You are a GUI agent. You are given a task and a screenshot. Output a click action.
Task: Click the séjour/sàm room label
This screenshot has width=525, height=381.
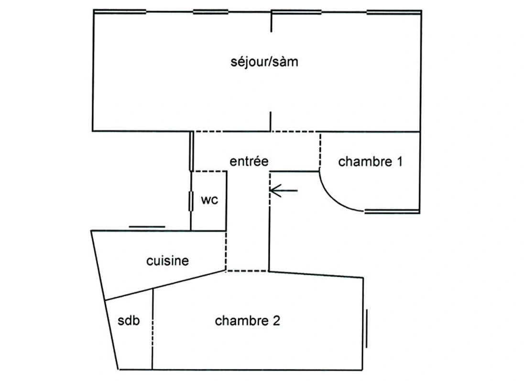pyautogui.click(x=264, y=62)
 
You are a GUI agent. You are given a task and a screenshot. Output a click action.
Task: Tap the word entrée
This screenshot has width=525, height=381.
pyautogui.click(x=249, y=161)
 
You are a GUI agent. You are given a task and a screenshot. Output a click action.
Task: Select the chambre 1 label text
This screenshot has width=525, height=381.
pyautogui.click(x=370, y=162)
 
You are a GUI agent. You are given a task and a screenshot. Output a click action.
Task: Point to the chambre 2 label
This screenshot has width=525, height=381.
pyautogui.click(x=247, y=321)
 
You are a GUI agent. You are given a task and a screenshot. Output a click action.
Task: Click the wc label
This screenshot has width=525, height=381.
pyautogui.click(x=209, y=200)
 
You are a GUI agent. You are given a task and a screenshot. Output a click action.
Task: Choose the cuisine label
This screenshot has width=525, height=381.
pyautogui.click(x=167, y=261)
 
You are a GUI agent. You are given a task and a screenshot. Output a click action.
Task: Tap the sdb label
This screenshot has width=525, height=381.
pyautogui.click(x=129, y=321)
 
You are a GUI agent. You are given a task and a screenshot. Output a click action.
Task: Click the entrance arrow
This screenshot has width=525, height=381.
pyautogui.click(x=284, y=191)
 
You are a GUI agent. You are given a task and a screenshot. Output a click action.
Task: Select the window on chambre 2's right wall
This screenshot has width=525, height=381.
pyautogui.click(x=367, y=329)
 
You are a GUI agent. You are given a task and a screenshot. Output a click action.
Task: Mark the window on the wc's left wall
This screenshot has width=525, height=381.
pyautogui.click(x=191, y=201)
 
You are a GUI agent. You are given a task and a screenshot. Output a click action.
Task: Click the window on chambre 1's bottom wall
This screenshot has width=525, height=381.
pyautogui.click(x=392, y=211)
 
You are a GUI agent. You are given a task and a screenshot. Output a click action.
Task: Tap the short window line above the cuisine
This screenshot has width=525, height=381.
pyautogui.click(x=147, y=227)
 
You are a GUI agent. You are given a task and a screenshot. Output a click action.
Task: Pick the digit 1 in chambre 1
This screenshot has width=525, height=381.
pyautogui.click(x=399, y=162)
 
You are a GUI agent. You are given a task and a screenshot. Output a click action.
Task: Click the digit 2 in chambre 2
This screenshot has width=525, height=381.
pyautogui.click(x=276, y=321)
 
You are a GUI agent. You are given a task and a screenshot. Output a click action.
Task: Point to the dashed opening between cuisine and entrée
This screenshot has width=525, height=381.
pyautogui.click(x=226, y=251)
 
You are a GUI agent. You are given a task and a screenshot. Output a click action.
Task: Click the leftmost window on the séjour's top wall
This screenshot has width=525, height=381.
pyautogui.click(x=120, y=12)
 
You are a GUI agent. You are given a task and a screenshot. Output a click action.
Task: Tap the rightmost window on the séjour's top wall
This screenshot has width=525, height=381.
pyautogui.click(x=394, y=12)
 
